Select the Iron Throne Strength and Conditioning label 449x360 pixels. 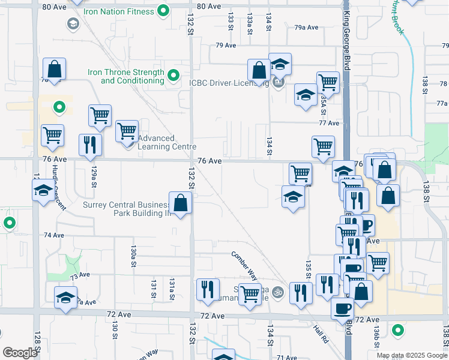click(x=125, y=76)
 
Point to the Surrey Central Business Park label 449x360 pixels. click(x=125, y=208)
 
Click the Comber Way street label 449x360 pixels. click(x=245, y=265)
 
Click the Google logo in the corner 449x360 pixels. click(x=20, y=353)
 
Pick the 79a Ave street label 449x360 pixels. click(x=306, y=28)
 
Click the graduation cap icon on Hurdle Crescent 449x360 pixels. click(x=43, y=191)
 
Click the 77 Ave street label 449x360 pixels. click(x=330, y=123)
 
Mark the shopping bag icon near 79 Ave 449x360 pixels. click(x=259, y=71)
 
